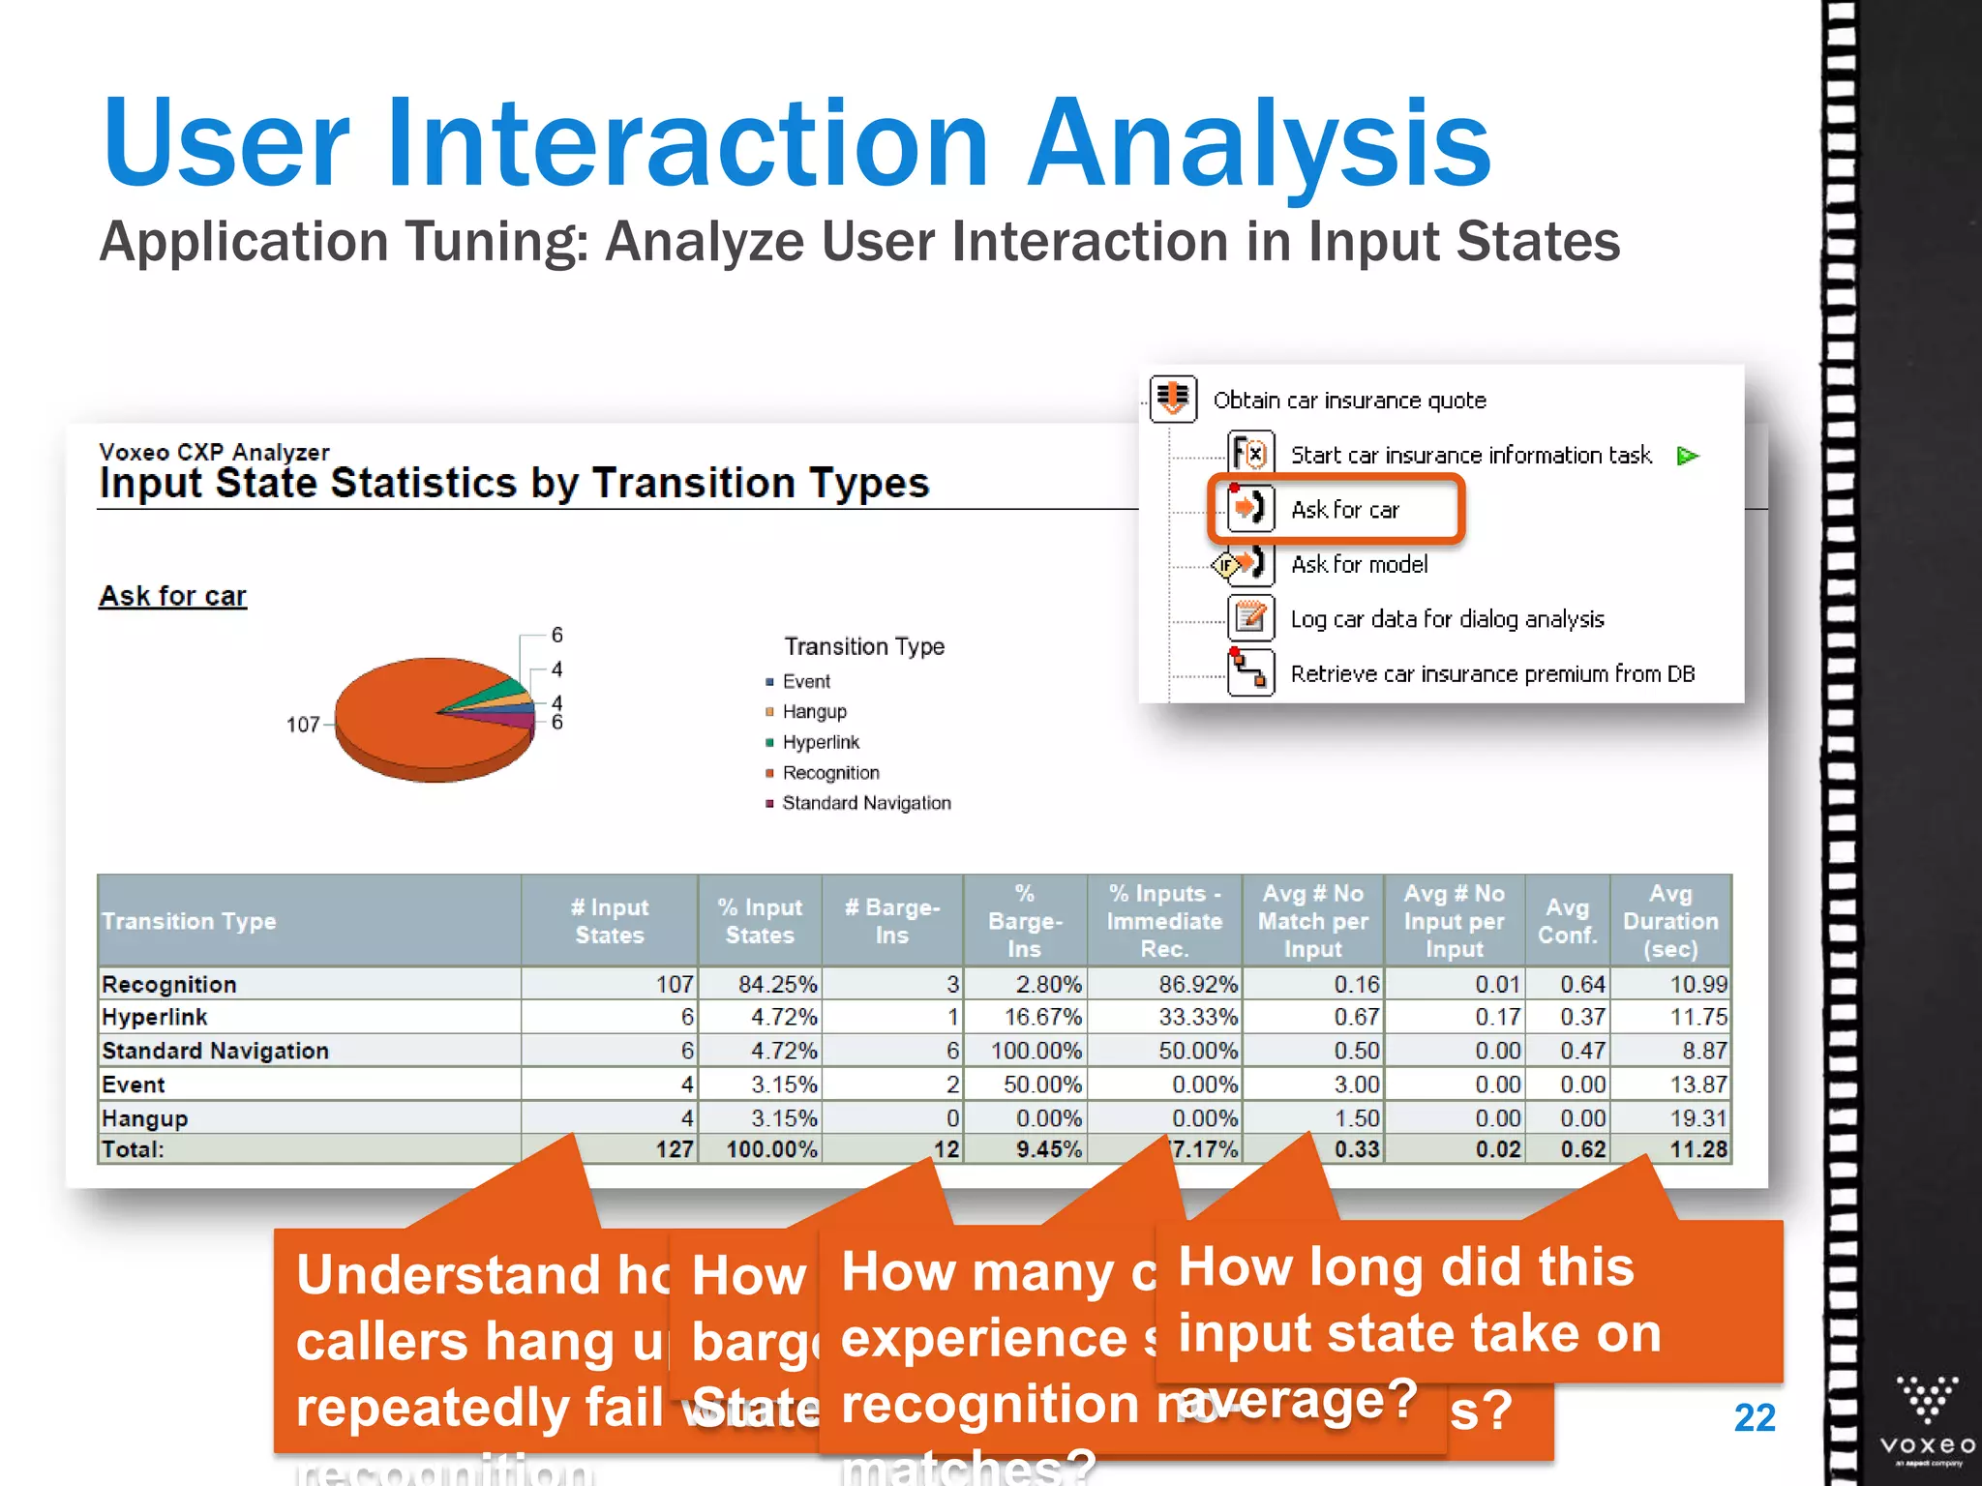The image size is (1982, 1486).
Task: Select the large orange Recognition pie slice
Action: [x=406, y=721]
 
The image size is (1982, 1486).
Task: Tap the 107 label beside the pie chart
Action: [x=302, y=725]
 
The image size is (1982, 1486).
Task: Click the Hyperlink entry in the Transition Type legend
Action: [x=820, y=742]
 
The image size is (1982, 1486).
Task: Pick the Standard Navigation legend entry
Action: [x=865, y=803]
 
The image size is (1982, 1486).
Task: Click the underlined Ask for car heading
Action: [x=172, y=596]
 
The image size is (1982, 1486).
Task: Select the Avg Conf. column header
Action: [x=1567, y=921]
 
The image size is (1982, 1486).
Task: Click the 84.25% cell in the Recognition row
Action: [x=777, y=984]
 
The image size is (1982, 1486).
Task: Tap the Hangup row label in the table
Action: [x=145, y=1118]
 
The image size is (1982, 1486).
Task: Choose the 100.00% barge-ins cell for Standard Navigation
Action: [x=1036, y=1051]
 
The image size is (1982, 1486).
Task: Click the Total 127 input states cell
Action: [x=675, y=1149]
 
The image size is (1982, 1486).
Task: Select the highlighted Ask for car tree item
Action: [x=1344, y=509]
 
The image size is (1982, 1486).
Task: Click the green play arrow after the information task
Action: [x=1688, y=456]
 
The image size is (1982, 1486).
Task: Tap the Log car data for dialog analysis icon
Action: [x=1250, y=617]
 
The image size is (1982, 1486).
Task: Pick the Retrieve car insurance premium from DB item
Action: [x=1491, y=673]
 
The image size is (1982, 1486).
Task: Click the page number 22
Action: [x=1754, y=1418]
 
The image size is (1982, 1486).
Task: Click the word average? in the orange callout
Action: [x=1297, y=1400]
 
